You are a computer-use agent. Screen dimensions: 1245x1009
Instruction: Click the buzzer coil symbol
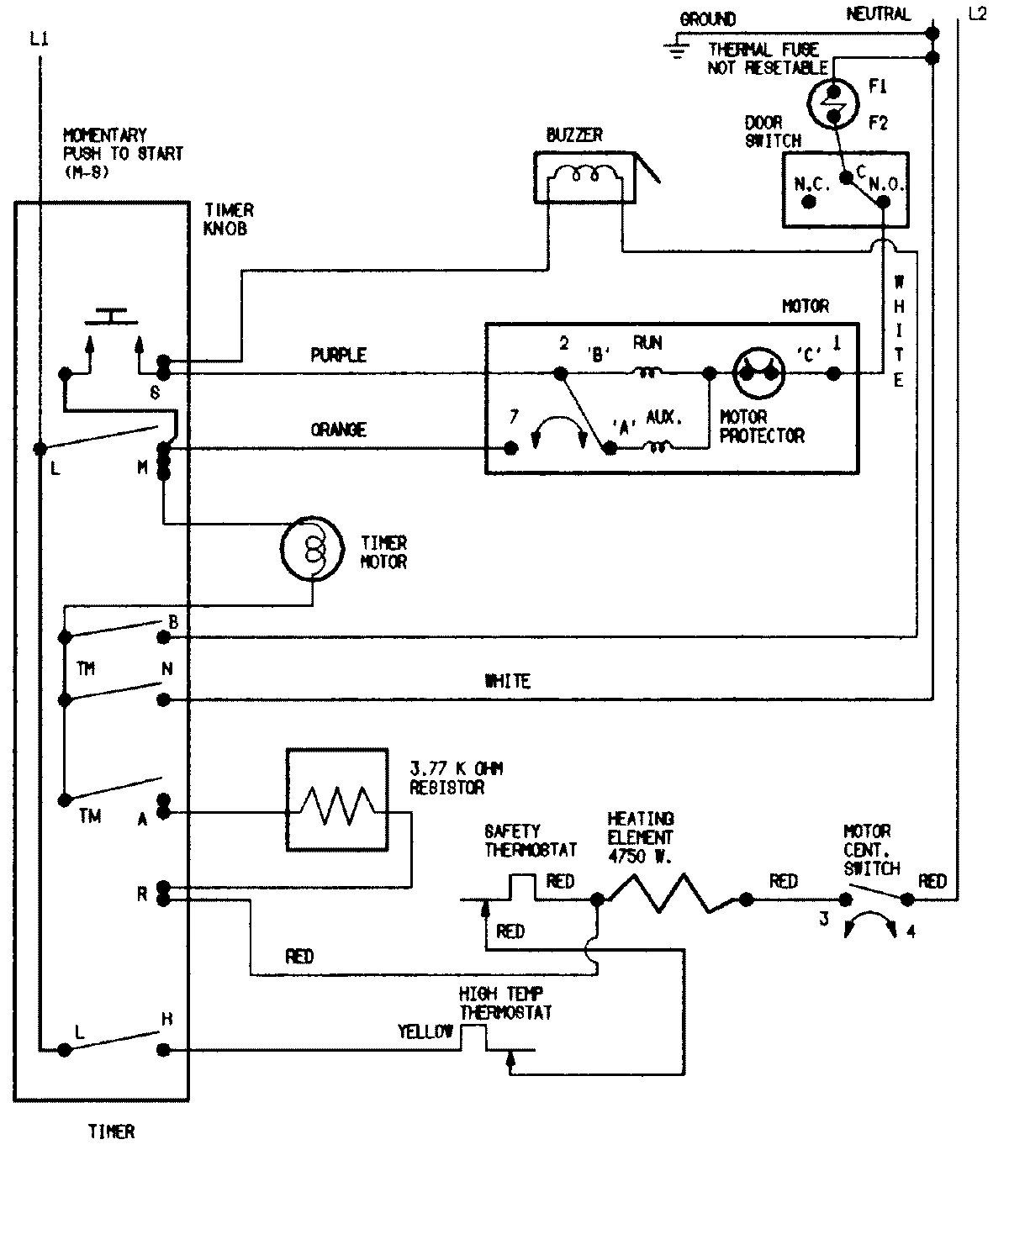584,176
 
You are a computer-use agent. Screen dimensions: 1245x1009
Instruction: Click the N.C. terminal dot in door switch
809,202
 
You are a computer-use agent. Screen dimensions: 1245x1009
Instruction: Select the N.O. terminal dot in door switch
883,202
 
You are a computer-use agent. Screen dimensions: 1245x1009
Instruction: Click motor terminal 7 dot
510,449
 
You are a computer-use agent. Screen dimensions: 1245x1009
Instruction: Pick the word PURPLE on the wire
338,355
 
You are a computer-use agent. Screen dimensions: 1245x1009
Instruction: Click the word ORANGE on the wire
338,430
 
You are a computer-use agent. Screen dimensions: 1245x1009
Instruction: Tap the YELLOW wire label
425,1031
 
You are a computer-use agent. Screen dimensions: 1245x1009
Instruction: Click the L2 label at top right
977,14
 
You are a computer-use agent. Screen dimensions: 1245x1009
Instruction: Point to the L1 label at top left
39,39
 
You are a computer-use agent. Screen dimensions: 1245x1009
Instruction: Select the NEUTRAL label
877,14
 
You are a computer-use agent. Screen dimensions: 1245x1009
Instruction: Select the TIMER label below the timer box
111,1132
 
